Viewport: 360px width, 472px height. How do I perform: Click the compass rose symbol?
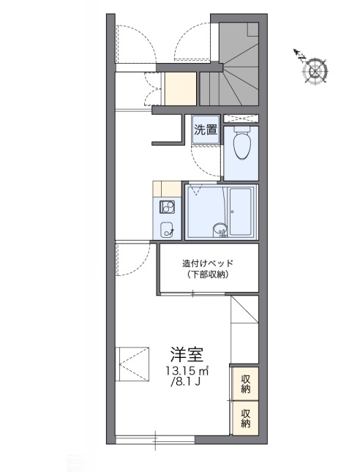click(316, 70)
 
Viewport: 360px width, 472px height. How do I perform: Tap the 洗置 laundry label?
click(206, 132)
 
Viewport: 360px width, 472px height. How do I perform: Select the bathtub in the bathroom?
click(241, 211)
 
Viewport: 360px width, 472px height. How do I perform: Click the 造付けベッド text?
click(210, 262)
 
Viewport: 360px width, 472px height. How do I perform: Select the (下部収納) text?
click(209, 274)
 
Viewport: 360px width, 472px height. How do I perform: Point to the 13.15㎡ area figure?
click(187, 371)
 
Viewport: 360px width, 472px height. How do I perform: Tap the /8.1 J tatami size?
click(187, 383)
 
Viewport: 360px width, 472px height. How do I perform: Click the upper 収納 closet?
click(245, 383)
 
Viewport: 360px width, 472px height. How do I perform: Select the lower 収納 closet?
click(245, 418)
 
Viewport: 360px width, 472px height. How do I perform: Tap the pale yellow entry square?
click(180, 89)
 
